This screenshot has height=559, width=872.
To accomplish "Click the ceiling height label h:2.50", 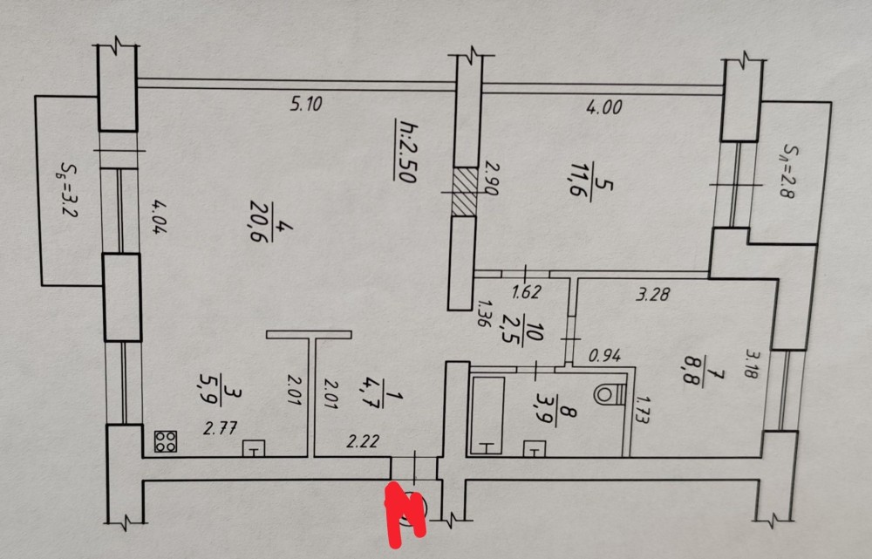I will pyautogui.click(x=404, y=150).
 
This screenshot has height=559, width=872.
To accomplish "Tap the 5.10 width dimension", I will pyautogui.click(x=306, y=105).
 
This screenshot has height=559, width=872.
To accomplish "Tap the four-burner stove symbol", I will pyautogui.click(x=165, y=441).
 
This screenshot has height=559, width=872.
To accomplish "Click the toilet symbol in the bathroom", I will pyautogui.click(x=608, y=393).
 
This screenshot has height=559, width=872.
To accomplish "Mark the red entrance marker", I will pyautogui.click(x=405, y=510).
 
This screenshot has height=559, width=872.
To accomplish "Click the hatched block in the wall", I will pyautogui.click(x=465, y=192).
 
